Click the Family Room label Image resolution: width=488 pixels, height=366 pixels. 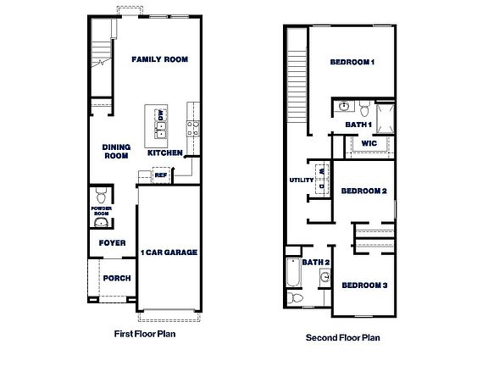click(159, 59)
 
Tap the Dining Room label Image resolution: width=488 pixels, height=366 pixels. click(115, 151)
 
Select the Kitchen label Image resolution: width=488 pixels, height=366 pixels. click(164, 153)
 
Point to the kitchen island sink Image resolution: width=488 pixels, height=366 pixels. click(160, 129)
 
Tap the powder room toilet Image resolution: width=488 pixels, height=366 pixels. click(101, 192)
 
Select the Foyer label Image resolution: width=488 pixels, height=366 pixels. click(113, 243)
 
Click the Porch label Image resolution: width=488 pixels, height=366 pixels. click(115, 279)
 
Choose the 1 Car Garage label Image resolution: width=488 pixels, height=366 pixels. click(169, 252)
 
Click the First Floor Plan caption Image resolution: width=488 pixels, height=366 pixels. click(146, 334)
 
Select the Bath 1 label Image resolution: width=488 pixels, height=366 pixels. click(358, 125)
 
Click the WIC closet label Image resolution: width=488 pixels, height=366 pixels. click(368, 144)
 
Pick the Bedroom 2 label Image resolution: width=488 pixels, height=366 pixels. click(363, 191)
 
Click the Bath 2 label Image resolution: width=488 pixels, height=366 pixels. click(315, 262)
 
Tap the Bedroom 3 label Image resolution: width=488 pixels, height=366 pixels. click(364, 285)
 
